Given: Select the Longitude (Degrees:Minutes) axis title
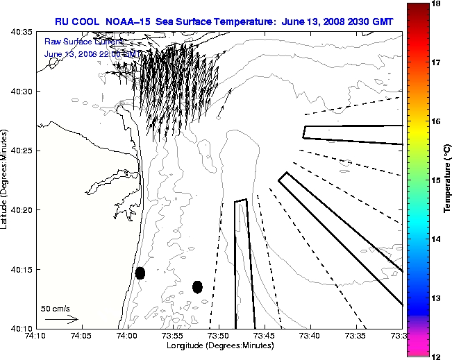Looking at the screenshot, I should (219, 345).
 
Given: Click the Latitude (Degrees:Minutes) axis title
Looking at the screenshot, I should (6, 180).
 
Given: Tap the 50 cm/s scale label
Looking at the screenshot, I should (56, 308).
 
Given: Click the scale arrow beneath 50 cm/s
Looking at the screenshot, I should (61, 319).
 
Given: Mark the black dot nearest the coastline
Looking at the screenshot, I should (140, 273).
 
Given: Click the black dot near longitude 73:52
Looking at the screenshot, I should (197, 286).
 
